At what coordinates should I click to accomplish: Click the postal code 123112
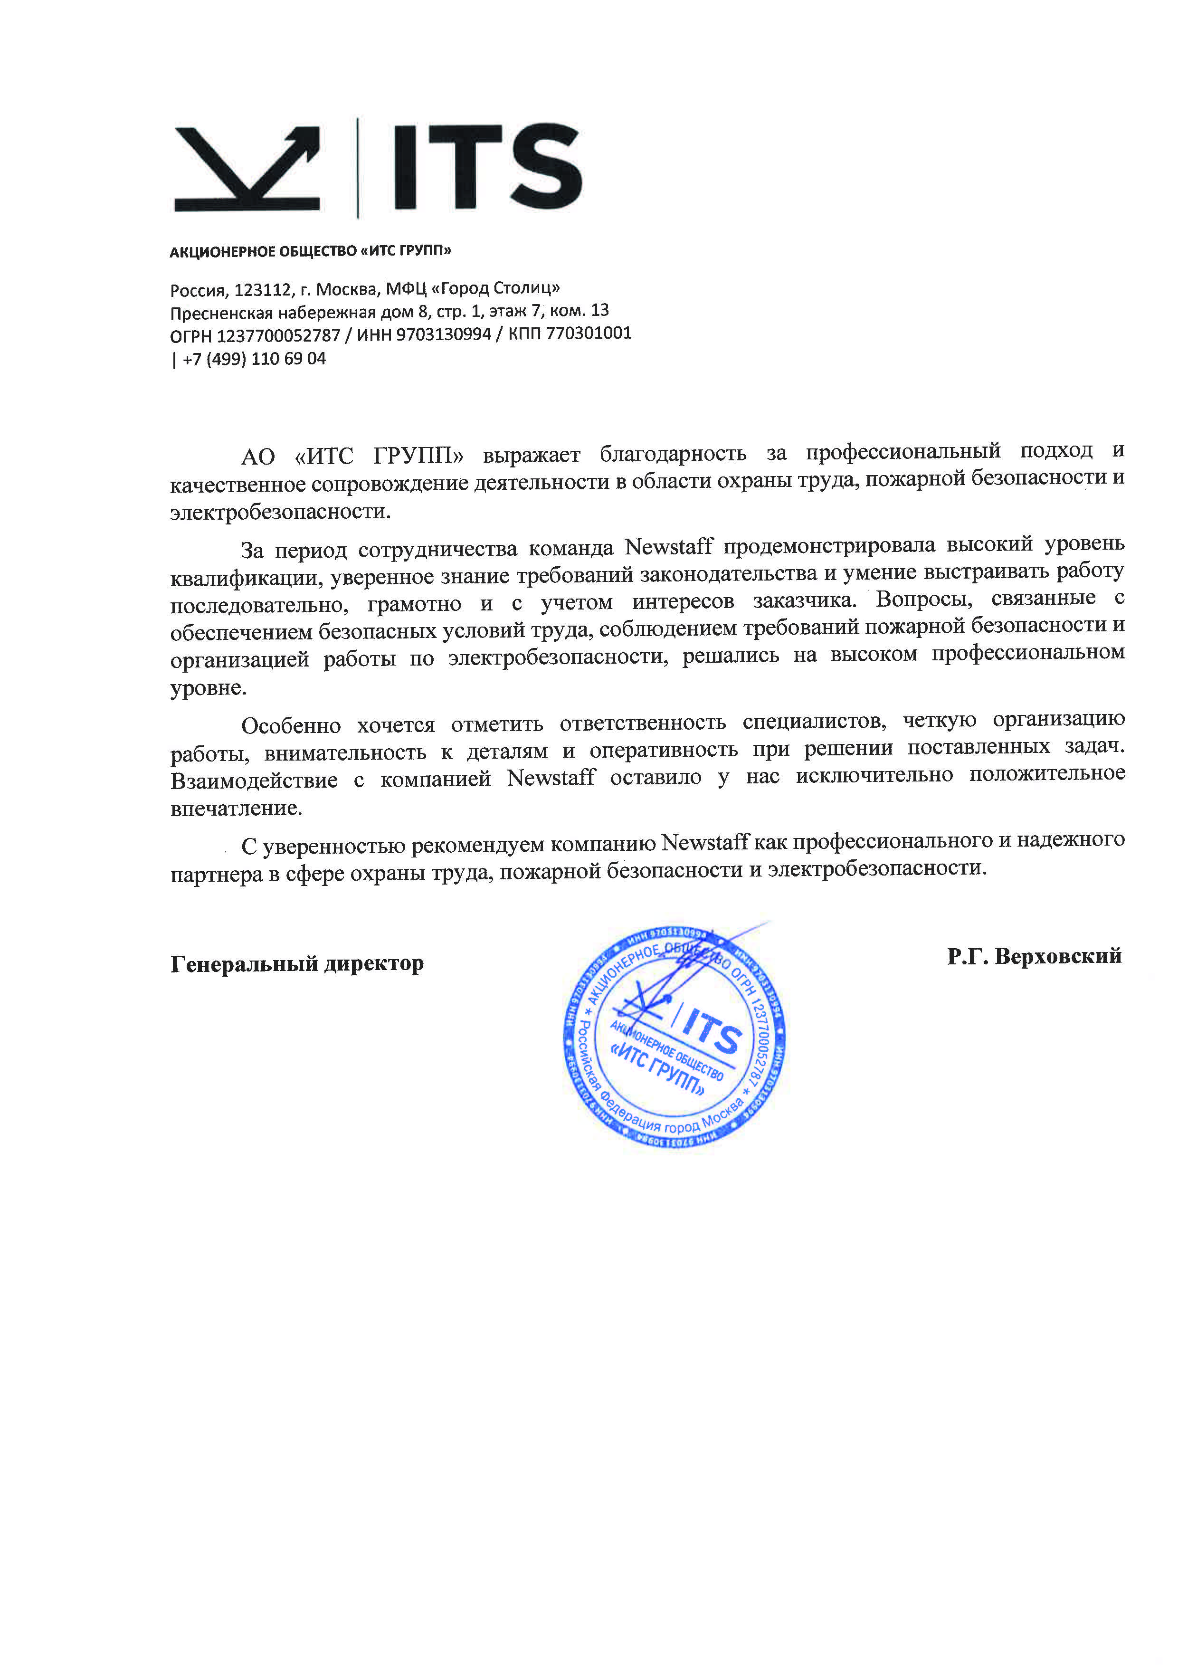tap(263, 290)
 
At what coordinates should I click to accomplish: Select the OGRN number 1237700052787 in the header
tap(278, 336)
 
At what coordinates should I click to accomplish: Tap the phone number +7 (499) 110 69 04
tap(254, 359)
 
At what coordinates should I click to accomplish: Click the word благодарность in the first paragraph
tap(673, 454)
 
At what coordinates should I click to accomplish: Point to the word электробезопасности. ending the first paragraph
tap(280, 512)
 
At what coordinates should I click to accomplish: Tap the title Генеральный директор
tap(297, 963)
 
